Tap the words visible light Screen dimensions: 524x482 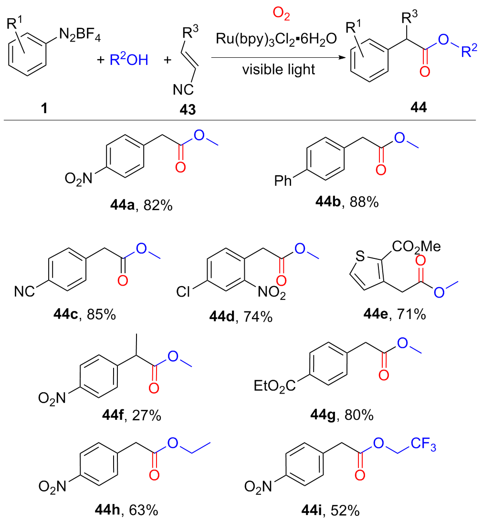279,70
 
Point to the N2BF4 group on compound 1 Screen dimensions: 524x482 78,35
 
